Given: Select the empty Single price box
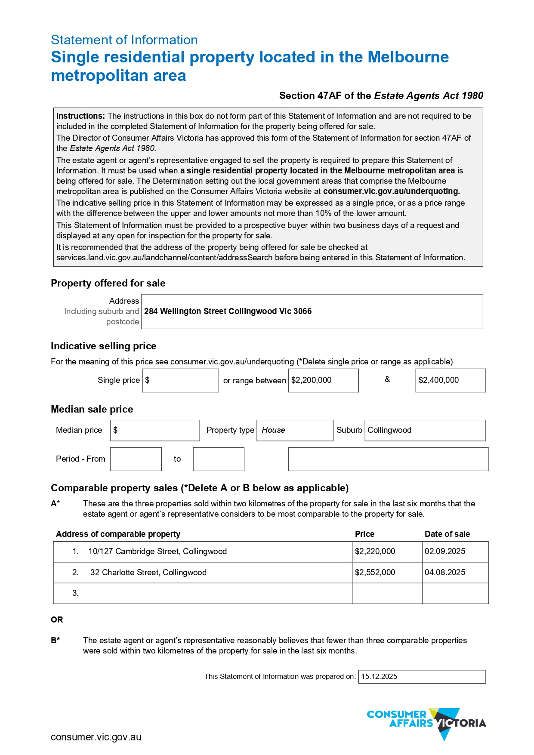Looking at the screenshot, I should pyautogui.click(x=180, y=380).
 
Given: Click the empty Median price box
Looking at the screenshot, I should pyautogui.click(x=155, y=430).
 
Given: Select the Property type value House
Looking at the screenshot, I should pyautogui.click(x=274, y=430).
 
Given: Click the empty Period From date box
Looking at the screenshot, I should pyautogui.click(x=136, y=459).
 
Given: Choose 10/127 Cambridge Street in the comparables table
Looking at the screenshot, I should pyautogui.click(x=157, y=552).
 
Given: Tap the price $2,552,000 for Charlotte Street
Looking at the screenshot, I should pyautogui.click(x=375, y=573).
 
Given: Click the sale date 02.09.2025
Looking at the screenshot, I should pyautogui.click(x=445, y=552).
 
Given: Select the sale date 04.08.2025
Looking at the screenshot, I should pyautogui.click(x=445, y=573).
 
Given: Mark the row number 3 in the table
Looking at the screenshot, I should pyautogui.click(x=76, y=593).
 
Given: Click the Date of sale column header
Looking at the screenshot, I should pyautogui.click(x=447, y=534).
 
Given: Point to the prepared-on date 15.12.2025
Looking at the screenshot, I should pyautogui.click(x=379, y=677).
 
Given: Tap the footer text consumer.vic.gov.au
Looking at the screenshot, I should pyautogui.click(x=96, y=737).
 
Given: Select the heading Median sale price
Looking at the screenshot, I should pyautogui.click(x=92, y=410).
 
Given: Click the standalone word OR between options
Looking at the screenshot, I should pyautogui.click(x=57, y=620).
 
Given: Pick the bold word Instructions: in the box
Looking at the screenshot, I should pyautogui.click(x=80, y=116).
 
